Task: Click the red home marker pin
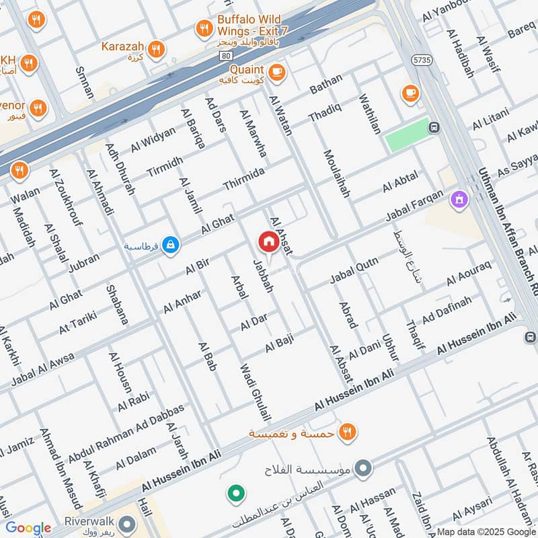point(268,241)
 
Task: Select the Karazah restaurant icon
point(156,48)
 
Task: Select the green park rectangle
point(408,134)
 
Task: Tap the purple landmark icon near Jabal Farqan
point(459,199)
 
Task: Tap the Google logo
point(28,528)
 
